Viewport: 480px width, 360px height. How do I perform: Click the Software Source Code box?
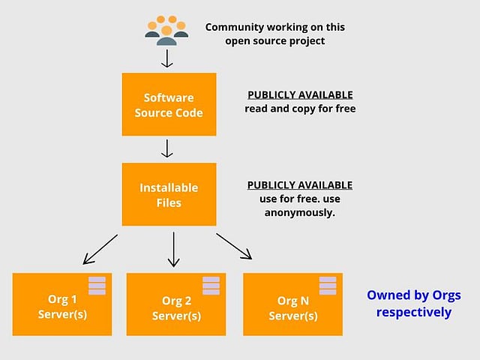pyautogui.click(x=169, y=104)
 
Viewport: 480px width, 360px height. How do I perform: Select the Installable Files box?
pyautogui.click(x=169, y=193)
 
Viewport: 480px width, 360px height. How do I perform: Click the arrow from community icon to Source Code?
pyautogui.click(x=166, y=56)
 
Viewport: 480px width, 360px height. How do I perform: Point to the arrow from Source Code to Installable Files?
pyautogui.click(x=166, y=148)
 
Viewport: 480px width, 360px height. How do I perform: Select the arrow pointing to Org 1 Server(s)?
pyautogui.click(x=100, y=249)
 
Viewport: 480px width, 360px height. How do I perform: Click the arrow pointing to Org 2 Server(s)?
pyautogui.click(x=173, y=249)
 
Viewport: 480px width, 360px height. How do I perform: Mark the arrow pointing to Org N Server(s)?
pyautogui.click(x=234, y=246)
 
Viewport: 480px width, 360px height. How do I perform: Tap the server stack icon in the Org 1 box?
pyautogui.click(x=97, y=285)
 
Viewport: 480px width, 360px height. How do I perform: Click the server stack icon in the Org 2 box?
pyautogui.click(x=211, y=285)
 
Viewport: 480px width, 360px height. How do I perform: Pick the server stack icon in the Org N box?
pyautogui.click(x=328, y=285)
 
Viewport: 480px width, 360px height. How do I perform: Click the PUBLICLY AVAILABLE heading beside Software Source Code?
pyautogui.click(x=300, y=95)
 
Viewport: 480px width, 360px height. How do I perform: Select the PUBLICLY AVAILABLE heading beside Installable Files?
pyautogui.click(x=300, y=185)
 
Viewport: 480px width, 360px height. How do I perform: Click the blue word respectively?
pyautogui.click(x=414, y=312)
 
